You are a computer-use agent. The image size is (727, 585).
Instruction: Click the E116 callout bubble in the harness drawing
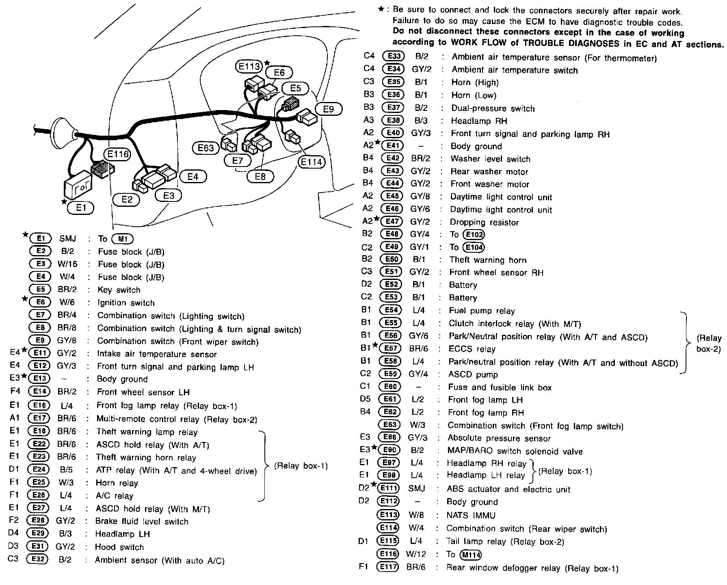[117, 154]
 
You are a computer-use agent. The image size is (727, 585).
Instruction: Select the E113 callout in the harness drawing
[249, 66]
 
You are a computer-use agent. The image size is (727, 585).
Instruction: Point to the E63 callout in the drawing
[206, 148]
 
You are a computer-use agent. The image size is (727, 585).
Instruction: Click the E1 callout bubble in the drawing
[81, 208]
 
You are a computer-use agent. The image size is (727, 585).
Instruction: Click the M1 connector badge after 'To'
[123, 239]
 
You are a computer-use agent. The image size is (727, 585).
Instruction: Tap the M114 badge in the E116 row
[470, 555]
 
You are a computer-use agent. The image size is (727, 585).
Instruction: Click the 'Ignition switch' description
[126, 303]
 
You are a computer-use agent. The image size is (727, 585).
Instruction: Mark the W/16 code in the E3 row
[67, 264]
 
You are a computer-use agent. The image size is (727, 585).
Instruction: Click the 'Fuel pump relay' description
[482, 311]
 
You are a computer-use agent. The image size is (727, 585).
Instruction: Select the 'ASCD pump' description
[473, 374]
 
